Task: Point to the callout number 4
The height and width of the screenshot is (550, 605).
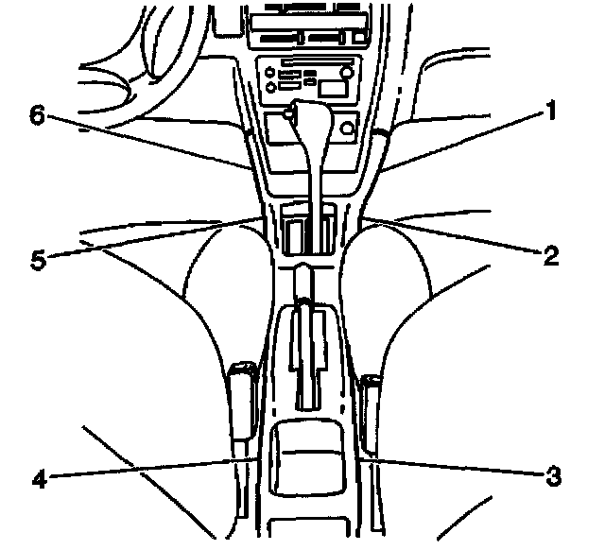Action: (x=39, y=477)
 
